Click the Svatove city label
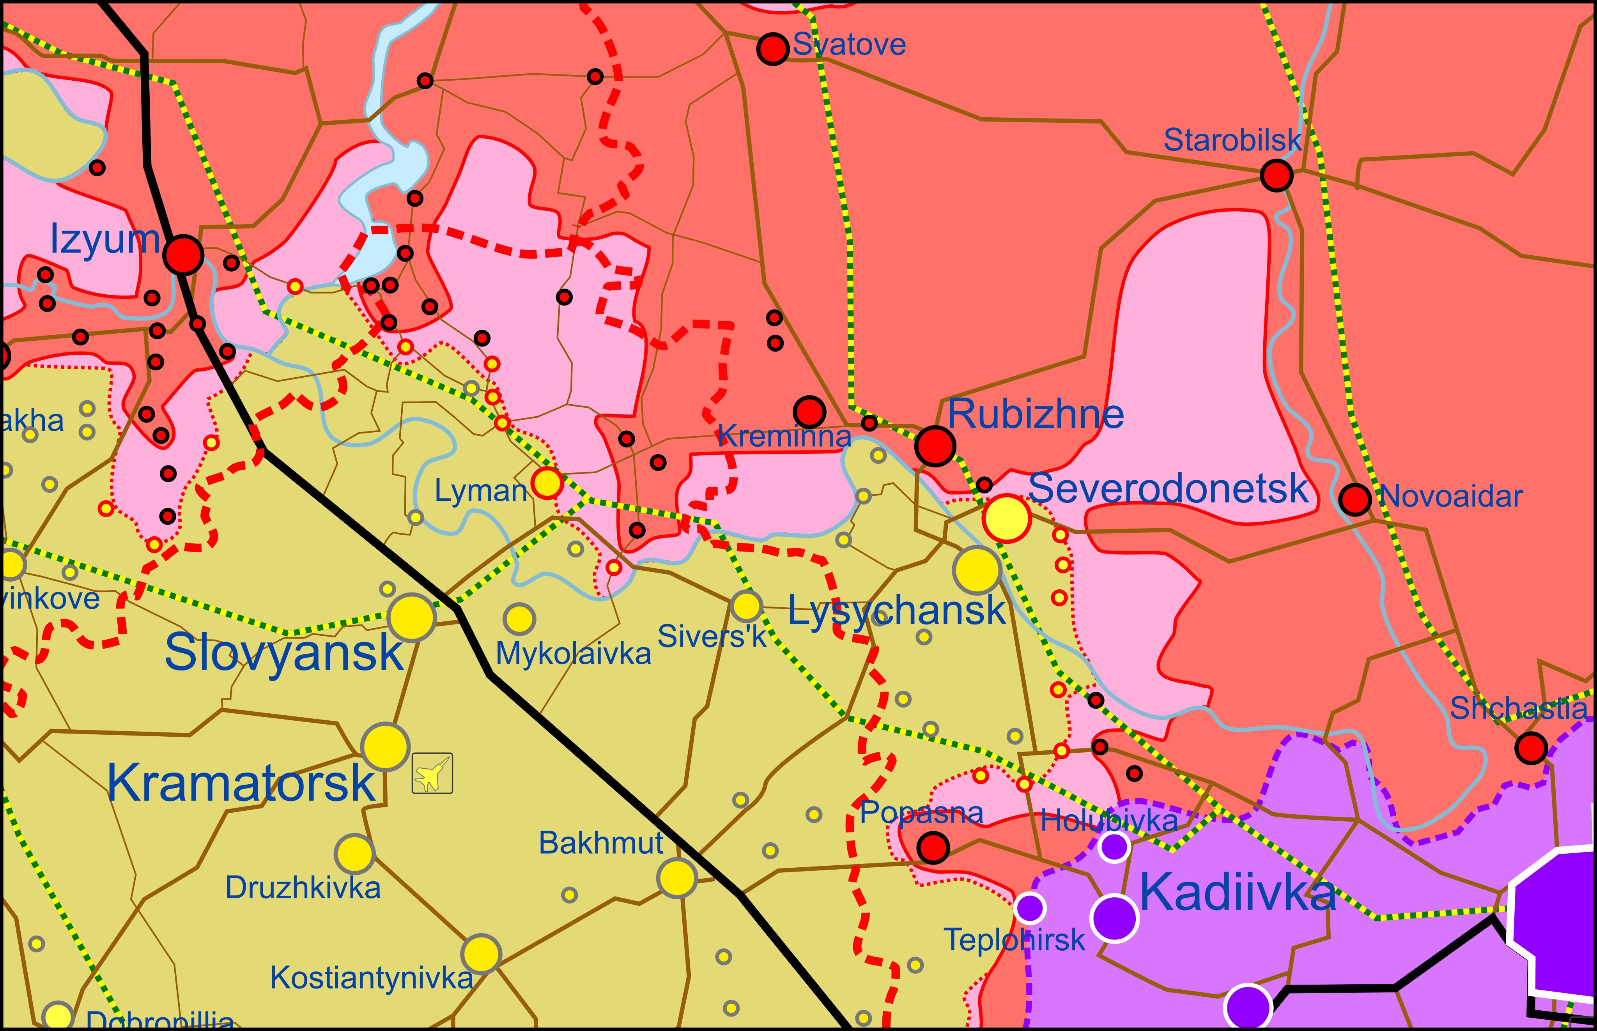pos(849,45)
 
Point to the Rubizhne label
pos(1035,414)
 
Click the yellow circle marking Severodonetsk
pos(1006,518)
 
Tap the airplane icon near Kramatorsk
pos(432,773)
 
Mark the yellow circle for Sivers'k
pos(746,606)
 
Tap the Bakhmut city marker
pos(677,878)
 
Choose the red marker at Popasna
pos(933,847)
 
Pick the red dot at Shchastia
pos(1531,748)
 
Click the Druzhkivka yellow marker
pos(354,854)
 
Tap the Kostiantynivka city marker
pos(481,954)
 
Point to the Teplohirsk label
pos(1014,940)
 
